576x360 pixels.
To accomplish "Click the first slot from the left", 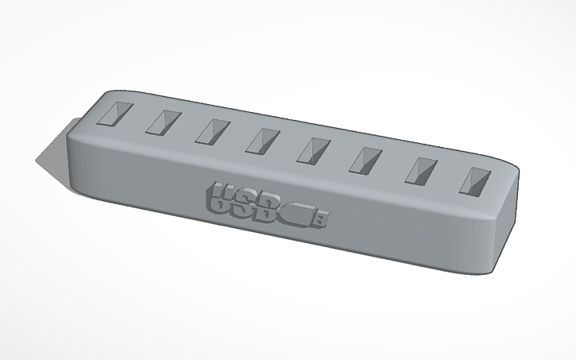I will pyautogui.click(x=114, y=114).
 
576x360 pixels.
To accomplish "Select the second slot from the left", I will pyautogui.click(x=163, y=122).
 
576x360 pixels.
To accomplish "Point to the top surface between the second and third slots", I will pyautogui.click(x=187, y=126).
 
